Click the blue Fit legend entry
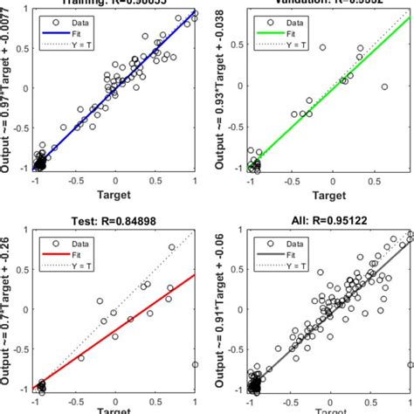click(x=77, y=32)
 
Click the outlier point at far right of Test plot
click(x=195, y=365)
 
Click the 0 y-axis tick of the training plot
click(x=26, y=87)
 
